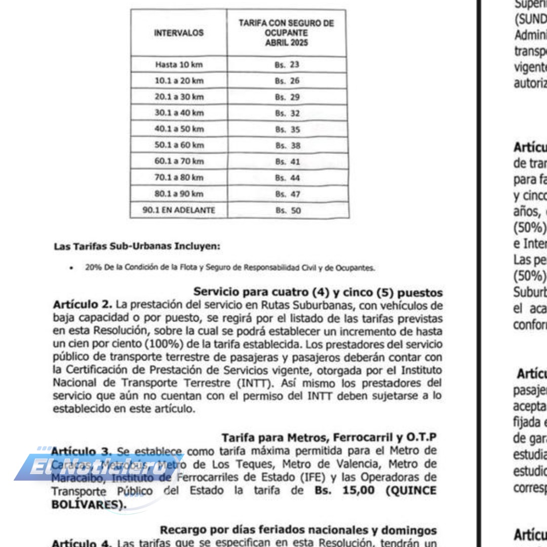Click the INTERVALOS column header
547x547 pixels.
click(x=178, y=33)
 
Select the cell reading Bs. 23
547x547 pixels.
click(x=287, y=65)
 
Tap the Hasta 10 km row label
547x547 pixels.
click(x=178, y=65)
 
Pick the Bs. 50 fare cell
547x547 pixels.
click(x=287, y=211)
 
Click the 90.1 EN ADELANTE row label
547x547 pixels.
click(x=178, y=211)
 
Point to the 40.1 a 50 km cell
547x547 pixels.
click(x=178, y=130)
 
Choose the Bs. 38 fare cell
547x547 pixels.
click(x=287, y=146)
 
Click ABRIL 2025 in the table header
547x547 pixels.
click(x=287, y=43)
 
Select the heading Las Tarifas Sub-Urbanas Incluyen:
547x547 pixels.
click(x=137, y=247)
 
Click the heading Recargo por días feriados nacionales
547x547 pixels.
click(x=298, y=530)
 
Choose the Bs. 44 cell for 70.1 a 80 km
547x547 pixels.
click(x=287, y=178)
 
